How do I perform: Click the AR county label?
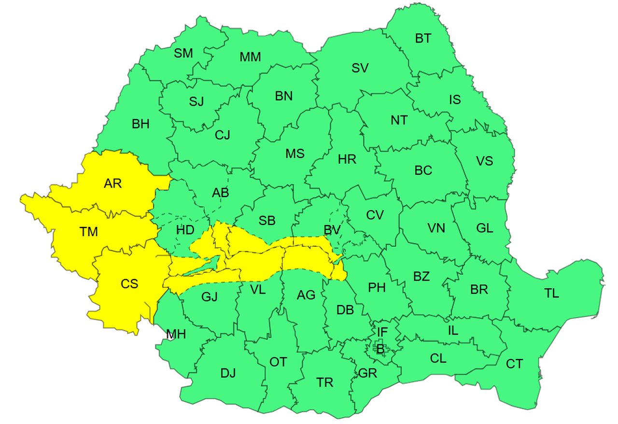[x=112, y=184]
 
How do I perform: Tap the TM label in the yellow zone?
[x=89, y=232]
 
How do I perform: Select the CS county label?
[x=129, y=284]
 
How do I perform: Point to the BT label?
[x=423, y=39]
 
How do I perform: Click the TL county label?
[x=551, y=294]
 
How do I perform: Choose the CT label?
[x=514, y=364]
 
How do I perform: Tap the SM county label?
[x=183, y=53]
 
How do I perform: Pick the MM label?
[x=250, y=57]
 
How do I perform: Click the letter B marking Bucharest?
[x=380, y=348]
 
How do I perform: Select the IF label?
[x=382, y=332]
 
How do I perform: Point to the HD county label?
[x=185, y=230]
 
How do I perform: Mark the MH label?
[x=176, y=334]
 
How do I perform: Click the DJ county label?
[x=228, y=373]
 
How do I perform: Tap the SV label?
[x=360, y=68]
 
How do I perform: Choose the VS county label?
[x=484, y=161]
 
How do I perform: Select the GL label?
[x=484, y=228]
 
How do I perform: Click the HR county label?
[x=347, y=159]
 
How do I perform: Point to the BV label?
[x=332, y=230]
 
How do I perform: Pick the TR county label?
[x=325, y=382]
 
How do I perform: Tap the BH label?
[x=140, y=124]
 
